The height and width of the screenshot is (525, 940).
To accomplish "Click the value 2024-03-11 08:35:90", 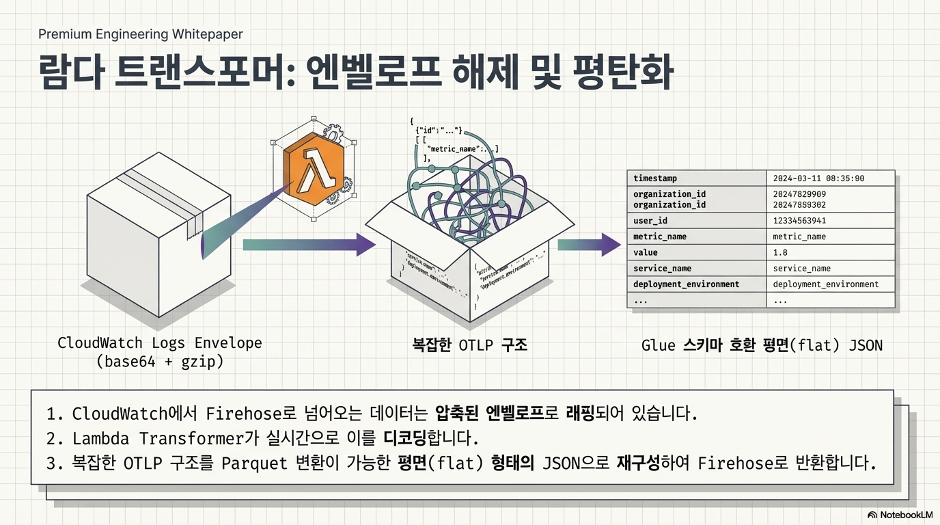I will [818, 178].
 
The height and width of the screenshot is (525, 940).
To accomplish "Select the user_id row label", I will [650, 221].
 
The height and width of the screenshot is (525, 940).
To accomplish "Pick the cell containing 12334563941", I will [799, 221].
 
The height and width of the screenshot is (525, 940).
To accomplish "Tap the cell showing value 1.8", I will [780, 252].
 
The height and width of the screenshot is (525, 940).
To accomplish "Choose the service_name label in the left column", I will [662, 268].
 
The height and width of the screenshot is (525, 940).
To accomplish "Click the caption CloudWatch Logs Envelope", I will [160, 343].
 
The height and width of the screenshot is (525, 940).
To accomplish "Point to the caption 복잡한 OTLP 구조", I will [470, 345].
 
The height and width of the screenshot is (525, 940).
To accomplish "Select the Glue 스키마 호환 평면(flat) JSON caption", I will [762, 345].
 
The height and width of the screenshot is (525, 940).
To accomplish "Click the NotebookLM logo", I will [900, 515].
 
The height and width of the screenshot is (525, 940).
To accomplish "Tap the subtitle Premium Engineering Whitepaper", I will [141, 34].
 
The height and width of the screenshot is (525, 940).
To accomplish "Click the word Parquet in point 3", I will [254, 463].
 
